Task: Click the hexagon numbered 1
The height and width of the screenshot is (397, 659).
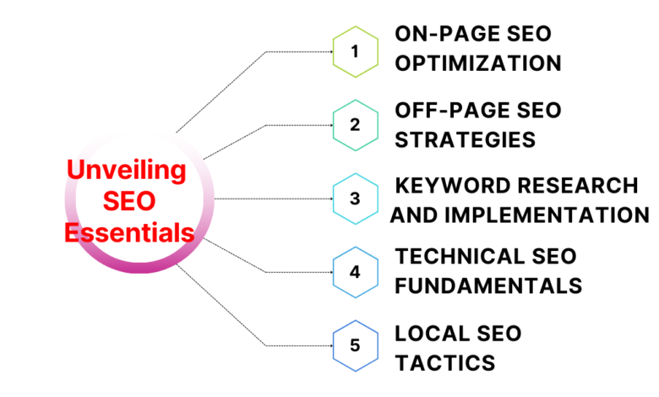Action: (355, 52)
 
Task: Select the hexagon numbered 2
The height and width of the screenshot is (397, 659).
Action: (355, 125)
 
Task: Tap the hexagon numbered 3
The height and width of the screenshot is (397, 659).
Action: (355, 198)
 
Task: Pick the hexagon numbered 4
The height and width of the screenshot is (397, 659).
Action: (355, 272)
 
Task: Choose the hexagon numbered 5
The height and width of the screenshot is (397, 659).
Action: (355, 345)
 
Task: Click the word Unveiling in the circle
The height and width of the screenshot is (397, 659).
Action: (127, 170)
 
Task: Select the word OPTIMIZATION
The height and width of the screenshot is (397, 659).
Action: (478, 63)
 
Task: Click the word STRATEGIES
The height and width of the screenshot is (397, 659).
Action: (466, 139)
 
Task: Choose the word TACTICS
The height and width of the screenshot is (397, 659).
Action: (444, 363)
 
